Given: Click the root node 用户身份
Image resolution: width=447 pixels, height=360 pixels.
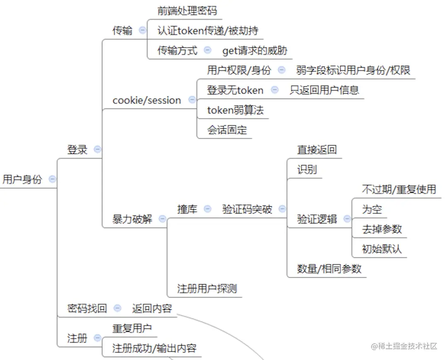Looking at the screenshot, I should [22, 180].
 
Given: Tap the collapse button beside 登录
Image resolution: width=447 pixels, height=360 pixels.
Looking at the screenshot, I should [97, 149].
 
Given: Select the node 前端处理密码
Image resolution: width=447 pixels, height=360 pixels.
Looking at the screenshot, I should [187, 10].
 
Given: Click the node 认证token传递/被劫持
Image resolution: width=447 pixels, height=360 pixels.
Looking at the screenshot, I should [208, 30].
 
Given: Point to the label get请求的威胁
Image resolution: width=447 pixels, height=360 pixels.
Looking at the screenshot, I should [255, 50].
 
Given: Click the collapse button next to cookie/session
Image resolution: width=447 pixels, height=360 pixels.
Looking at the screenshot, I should [192, 100].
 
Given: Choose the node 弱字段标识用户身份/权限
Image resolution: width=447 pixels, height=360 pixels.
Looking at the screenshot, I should [353, 70].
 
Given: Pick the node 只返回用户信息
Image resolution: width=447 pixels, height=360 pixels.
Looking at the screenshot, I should [324, 90].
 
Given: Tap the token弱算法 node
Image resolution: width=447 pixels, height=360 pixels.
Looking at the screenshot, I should [235, 110].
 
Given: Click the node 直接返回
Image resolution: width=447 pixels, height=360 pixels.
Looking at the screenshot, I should [317, 149].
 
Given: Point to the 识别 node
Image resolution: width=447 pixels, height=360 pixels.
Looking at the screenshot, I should [307, 169].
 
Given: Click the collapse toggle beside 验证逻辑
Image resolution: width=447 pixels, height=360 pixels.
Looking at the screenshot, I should [347, 219].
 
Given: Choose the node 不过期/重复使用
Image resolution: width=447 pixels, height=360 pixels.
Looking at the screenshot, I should [399, 189].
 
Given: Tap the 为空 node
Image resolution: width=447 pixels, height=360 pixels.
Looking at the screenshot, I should [372, 209].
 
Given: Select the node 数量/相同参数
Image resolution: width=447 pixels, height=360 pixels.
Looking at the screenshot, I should [329, 269].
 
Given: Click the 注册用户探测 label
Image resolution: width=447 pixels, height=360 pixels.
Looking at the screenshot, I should [207, 288].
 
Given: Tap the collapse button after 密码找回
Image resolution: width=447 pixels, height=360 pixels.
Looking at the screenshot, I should [117, 308].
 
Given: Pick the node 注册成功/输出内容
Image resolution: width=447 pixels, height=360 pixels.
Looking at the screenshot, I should [154, 348].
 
